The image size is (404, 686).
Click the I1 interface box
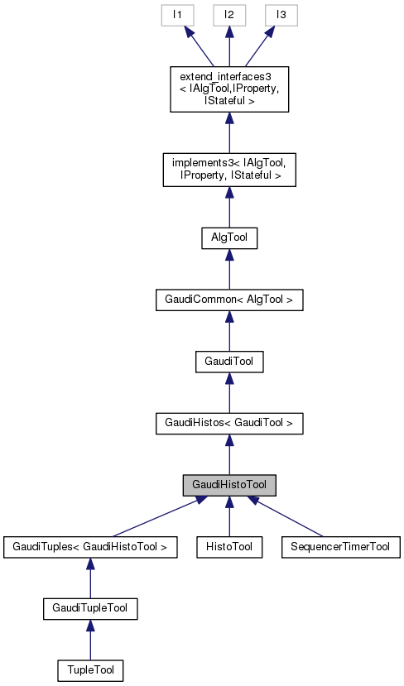176,15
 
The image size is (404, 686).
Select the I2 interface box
228,15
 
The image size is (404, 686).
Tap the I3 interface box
281,15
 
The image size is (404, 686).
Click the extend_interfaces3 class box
228,89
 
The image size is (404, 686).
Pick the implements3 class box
228,169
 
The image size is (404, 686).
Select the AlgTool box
228,237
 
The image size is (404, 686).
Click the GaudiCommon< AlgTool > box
228,300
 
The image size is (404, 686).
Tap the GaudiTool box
228,362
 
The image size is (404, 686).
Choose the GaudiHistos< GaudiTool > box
228,424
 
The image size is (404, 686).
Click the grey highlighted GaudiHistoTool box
228,485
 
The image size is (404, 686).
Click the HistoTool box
228,546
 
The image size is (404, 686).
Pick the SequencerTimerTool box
340,546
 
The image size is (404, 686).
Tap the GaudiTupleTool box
89,608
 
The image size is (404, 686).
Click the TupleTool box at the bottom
89,669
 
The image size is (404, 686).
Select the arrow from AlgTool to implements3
228,207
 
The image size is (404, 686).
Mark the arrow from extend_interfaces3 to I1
199,46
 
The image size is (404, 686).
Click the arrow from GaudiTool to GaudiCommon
228,331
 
